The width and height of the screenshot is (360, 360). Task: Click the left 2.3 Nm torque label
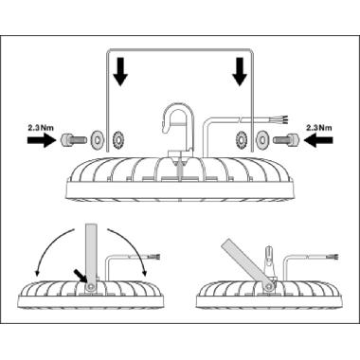click(x=41, y=128)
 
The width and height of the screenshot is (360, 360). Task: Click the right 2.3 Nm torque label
click(x=319, y=128)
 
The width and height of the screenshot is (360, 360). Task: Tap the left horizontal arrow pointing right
click(x=42, y=140)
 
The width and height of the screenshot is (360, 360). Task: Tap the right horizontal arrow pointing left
click(x=318, y=139)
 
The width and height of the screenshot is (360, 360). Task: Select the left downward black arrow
click(x=119, y=72)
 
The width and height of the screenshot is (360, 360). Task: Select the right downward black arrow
click(x=240, y=71)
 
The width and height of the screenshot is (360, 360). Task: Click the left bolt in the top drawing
click(x=72, y=138)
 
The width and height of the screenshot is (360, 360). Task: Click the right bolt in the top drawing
click(x=287, y=138)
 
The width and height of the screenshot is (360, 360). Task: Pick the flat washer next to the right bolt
click(x=262, y=138)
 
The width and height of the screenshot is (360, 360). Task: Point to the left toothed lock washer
click(x=118, y=138)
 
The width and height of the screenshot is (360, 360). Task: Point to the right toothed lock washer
click(x=242, y=138)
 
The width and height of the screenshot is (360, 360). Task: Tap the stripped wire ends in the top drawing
click(x=283, y=118)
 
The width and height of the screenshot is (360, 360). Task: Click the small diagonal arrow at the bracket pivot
click(x=81, y=276)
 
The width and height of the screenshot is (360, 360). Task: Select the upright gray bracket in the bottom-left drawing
click(x=92, y=256)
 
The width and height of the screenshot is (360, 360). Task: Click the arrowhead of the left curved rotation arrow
click(x=38, y=272)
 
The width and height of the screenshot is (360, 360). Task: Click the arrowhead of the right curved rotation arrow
click(x=145, y=272)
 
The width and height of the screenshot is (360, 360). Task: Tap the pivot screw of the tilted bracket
click(x=269, y=286)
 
